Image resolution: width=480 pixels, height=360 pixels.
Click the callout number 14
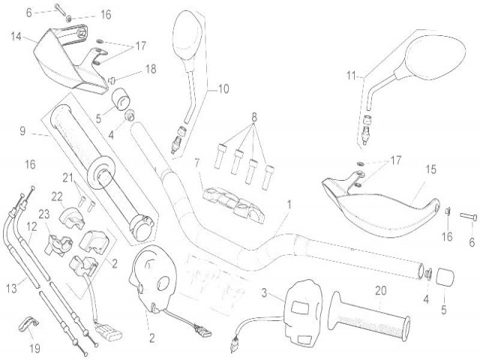coord(16,35)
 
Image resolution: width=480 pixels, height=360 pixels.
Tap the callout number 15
coord(431,169)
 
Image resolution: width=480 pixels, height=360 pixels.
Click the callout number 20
coord(380,291)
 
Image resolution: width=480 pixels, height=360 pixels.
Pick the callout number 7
coord(196,162)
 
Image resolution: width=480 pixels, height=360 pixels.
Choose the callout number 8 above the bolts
coord(253,117)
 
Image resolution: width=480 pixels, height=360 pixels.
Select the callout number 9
coord(22,131)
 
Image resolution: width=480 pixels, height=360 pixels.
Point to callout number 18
coord(150,69)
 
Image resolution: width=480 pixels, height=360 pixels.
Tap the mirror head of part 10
coord(185,31)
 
